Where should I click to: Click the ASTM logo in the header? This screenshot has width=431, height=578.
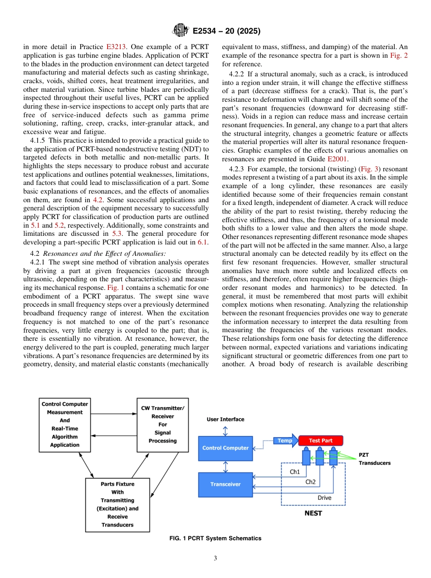(180, 31)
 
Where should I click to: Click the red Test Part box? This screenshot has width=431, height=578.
(321, 441)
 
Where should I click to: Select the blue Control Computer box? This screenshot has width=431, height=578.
(225, 448)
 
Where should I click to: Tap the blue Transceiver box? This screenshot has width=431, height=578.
(225, 484)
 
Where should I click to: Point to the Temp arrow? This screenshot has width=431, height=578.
(285, 441)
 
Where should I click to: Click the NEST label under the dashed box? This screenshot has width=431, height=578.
(313, 513)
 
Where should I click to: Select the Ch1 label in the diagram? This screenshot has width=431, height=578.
(295, 472)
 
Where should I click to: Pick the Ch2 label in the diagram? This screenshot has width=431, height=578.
(310, 482)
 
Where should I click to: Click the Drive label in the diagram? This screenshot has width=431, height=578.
(324, 498)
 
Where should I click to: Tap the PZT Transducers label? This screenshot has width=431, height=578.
(374, 459)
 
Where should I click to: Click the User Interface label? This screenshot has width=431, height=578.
(225, 419)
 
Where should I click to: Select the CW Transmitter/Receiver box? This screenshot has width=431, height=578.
(162, 425)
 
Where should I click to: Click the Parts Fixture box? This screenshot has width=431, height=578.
(118, 504)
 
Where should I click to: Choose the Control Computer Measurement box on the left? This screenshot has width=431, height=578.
(65, 425)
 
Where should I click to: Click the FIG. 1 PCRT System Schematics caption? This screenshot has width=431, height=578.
(215, 538)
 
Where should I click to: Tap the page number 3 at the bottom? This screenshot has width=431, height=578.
(215, 558)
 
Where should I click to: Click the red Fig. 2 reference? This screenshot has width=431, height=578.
(399, 55)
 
